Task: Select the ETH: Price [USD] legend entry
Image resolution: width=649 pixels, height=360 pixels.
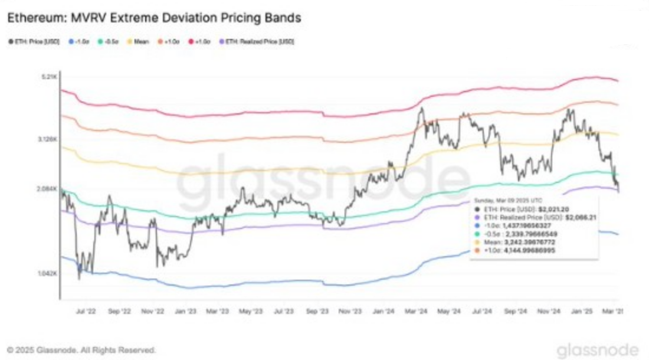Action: pyautogui.click(x=36, y=41)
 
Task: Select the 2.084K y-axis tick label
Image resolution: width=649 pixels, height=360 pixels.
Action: pyautogui.click(x=47, y=189)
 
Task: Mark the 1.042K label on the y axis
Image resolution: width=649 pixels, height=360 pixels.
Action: pyautogui.click(x=47, y=274)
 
